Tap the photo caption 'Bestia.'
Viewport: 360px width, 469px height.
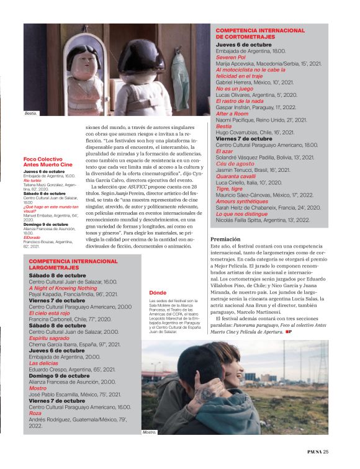31,114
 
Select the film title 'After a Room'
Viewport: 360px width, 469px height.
232,114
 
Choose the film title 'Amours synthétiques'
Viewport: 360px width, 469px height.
241,202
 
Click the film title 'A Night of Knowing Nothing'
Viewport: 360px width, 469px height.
63,288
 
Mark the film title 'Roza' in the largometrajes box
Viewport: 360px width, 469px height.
35,413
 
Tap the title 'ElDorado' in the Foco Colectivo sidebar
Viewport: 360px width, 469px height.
31,237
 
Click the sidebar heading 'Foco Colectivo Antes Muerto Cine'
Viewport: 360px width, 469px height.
48,161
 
